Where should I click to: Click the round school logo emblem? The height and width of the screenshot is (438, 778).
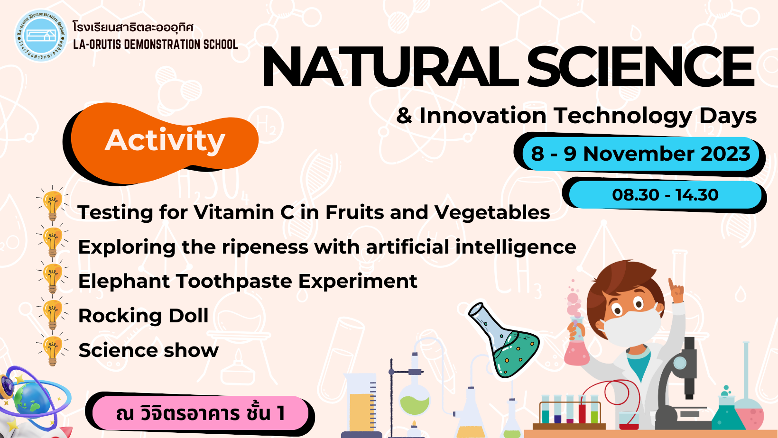click(41, 36)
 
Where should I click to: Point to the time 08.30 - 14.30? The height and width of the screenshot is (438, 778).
click(665, 195)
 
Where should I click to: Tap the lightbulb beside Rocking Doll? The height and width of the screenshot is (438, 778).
click(53, 313)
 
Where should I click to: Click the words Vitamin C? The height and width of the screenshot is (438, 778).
click(244, 212)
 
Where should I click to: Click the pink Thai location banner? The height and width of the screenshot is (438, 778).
click(200, 413)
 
